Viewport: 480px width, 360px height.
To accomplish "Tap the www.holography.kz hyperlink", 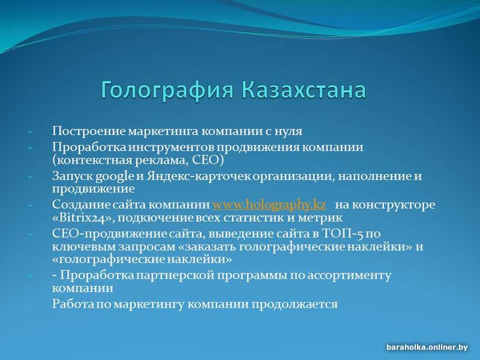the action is (x=269, y=205).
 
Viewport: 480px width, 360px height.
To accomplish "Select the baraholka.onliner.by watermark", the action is (x=427, y=347).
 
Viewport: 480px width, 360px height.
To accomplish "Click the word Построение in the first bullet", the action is (x=89, y=131).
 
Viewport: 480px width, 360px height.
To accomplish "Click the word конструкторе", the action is (x=394, y=205).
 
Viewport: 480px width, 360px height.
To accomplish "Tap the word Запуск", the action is (x=72, y=176).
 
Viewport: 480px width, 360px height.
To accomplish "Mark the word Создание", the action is (x=79, y=205).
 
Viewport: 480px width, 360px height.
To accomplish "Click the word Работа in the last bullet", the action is (x=72, y=304).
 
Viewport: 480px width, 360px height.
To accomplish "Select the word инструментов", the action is (x=171, y=148).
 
